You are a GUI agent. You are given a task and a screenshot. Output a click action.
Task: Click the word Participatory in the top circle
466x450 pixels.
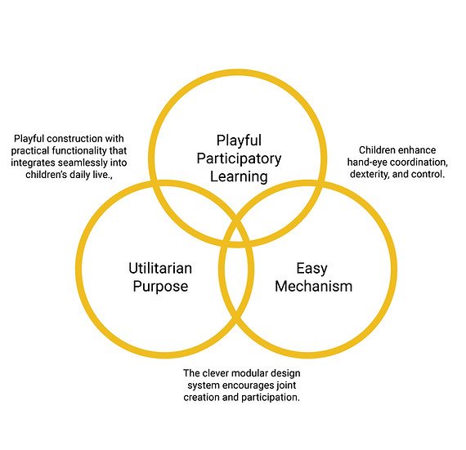[x=239, y=158]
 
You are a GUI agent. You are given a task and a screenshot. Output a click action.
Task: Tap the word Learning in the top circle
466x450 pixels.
[x=239, y=176]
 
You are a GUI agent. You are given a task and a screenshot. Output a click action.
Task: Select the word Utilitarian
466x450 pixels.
[x=160, y=268]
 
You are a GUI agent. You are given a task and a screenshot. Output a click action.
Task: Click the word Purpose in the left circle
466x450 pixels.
[x=160, y=287]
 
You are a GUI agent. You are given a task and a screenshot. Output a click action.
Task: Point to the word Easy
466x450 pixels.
[x=311, y=269]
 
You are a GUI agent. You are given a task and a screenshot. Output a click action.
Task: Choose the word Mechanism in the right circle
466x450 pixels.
[x=314, y=286]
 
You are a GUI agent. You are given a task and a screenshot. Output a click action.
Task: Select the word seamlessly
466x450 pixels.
[x=83, y=163]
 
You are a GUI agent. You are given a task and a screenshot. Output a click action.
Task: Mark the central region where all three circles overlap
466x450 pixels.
[x=236, y=234]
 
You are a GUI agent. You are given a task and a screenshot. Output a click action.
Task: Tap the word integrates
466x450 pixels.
[x=33, y=163]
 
